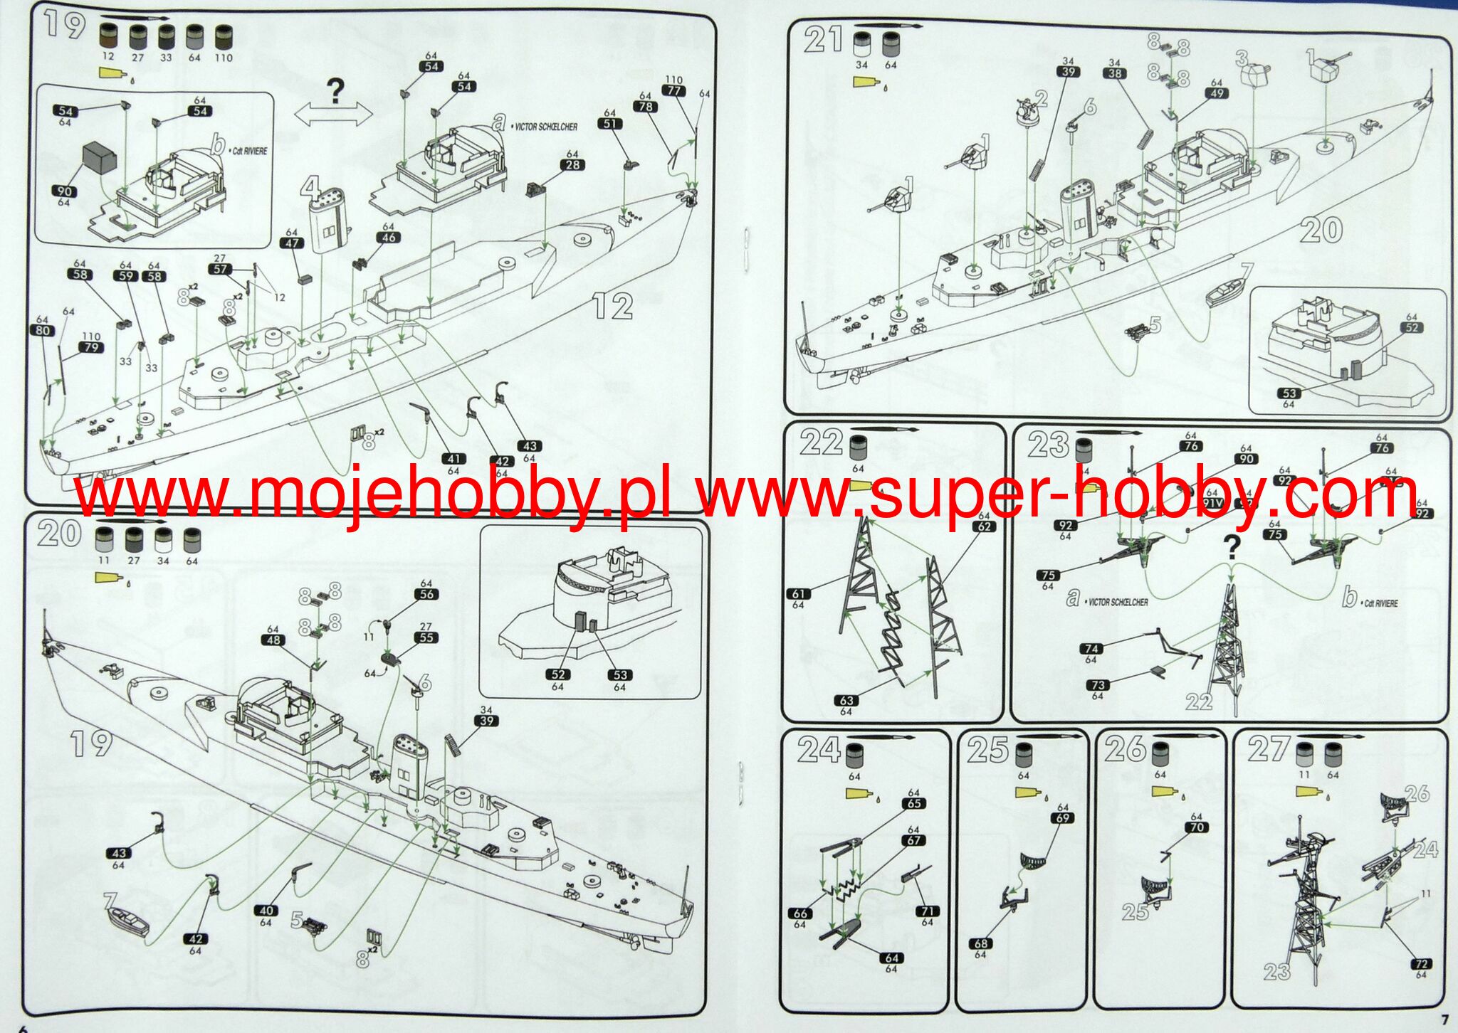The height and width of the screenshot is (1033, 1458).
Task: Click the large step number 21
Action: [823, 39]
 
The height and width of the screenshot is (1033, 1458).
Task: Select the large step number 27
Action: [1269, 749]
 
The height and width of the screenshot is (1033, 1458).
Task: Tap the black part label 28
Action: [573, 165]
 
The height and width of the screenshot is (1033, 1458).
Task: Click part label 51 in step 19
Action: [610, 124]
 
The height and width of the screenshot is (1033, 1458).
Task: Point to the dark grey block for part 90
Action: [99, 158]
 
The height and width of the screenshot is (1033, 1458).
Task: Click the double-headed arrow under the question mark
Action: [333, 114]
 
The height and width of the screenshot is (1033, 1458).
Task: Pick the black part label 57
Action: [220, 270]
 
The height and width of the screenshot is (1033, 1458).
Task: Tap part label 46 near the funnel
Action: [389, 238]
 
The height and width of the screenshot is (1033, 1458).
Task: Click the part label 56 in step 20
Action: [426, 595]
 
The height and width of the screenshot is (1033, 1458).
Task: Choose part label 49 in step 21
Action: [1217, 93]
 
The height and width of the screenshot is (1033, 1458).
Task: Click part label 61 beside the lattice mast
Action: [799, 594]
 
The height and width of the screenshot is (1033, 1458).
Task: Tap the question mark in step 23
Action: [1232, 547]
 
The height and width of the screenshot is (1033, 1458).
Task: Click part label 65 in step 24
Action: [914, 804]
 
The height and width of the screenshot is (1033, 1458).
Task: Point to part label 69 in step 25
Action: [1063, 818]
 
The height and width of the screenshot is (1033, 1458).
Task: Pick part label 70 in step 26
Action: [1197, 827]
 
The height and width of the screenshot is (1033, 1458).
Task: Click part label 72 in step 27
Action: [1421, 964]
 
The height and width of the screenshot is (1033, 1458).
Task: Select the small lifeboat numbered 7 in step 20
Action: [129, 921]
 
